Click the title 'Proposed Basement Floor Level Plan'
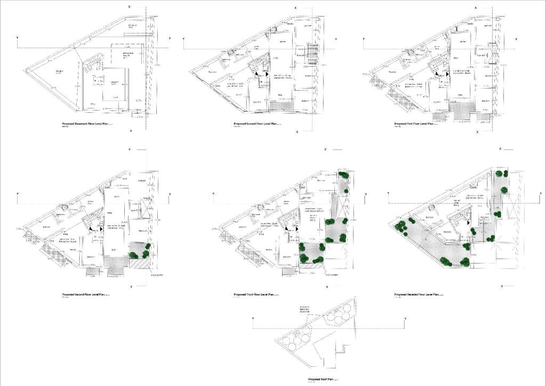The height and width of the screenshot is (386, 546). coord(86,123)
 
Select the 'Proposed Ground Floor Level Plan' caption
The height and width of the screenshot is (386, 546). coord(255,123)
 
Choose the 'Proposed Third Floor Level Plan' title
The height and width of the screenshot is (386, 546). coord(254,295)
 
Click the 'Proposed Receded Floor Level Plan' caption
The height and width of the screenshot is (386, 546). coord(416,295)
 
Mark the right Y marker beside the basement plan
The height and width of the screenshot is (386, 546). coord(169,38)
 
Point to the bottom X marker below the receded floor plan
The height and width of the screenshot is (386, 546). coord(501,288)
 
